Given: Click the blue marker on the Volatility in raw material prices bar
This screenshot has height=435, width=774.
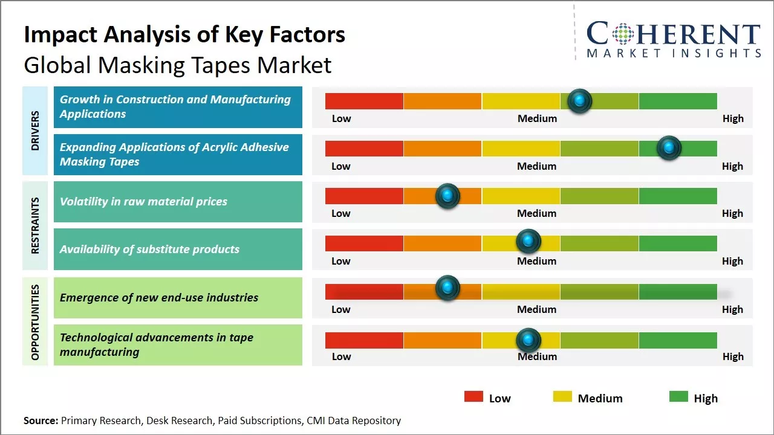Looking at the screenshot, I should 447,195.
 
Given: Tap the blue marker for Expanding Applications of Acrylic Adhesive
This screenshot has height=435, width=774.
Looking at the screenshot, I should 669,147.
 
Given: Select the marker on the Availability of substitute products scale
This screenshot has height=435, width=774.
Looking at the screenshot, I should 528,241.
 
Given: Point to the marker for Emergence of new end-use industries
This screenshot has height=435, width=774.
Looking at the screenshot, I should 447,288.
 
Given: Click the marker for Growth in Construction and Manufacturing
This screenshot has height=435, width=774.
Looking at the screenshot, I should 580,100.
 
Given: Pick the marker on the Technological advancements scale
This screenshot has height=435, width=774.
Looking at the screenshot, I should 528,340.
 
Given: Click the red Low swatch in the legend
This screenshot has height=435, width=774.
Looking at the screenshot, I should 473,397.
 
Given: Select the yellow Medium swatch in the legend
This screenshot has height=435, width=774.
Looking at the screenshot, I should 562,397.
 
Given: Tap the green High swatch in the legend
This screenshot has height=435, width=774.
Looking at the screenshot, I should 678,397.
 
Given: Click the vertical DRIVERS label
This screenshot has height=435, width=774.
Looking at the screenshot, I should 35,130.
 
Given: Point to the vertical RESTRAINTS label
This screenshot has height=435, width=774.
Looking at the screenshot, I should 35,225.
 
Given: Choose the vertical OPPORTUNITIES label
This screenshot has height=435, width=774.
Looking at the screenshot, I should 35,322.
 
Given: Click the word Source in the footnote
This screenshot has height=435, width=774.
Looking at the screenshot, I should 41,420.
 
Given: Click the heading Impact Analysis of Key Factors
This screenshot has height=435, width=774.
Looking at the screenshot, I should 184,34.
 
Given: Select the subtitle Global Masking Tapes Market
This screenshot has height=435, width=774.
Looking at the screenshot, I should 178,65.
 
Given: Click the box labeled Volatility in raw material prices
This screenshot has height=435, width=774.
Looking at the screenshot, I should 178,202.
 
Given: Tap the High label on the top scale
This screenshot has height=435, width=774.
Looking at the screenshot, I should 733,118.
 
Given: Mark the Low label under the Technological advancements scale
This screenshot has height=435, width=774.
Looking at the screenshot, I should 341,356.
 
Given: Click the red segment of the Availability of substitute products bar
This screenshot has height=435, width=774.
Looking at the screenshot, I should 364,243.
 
